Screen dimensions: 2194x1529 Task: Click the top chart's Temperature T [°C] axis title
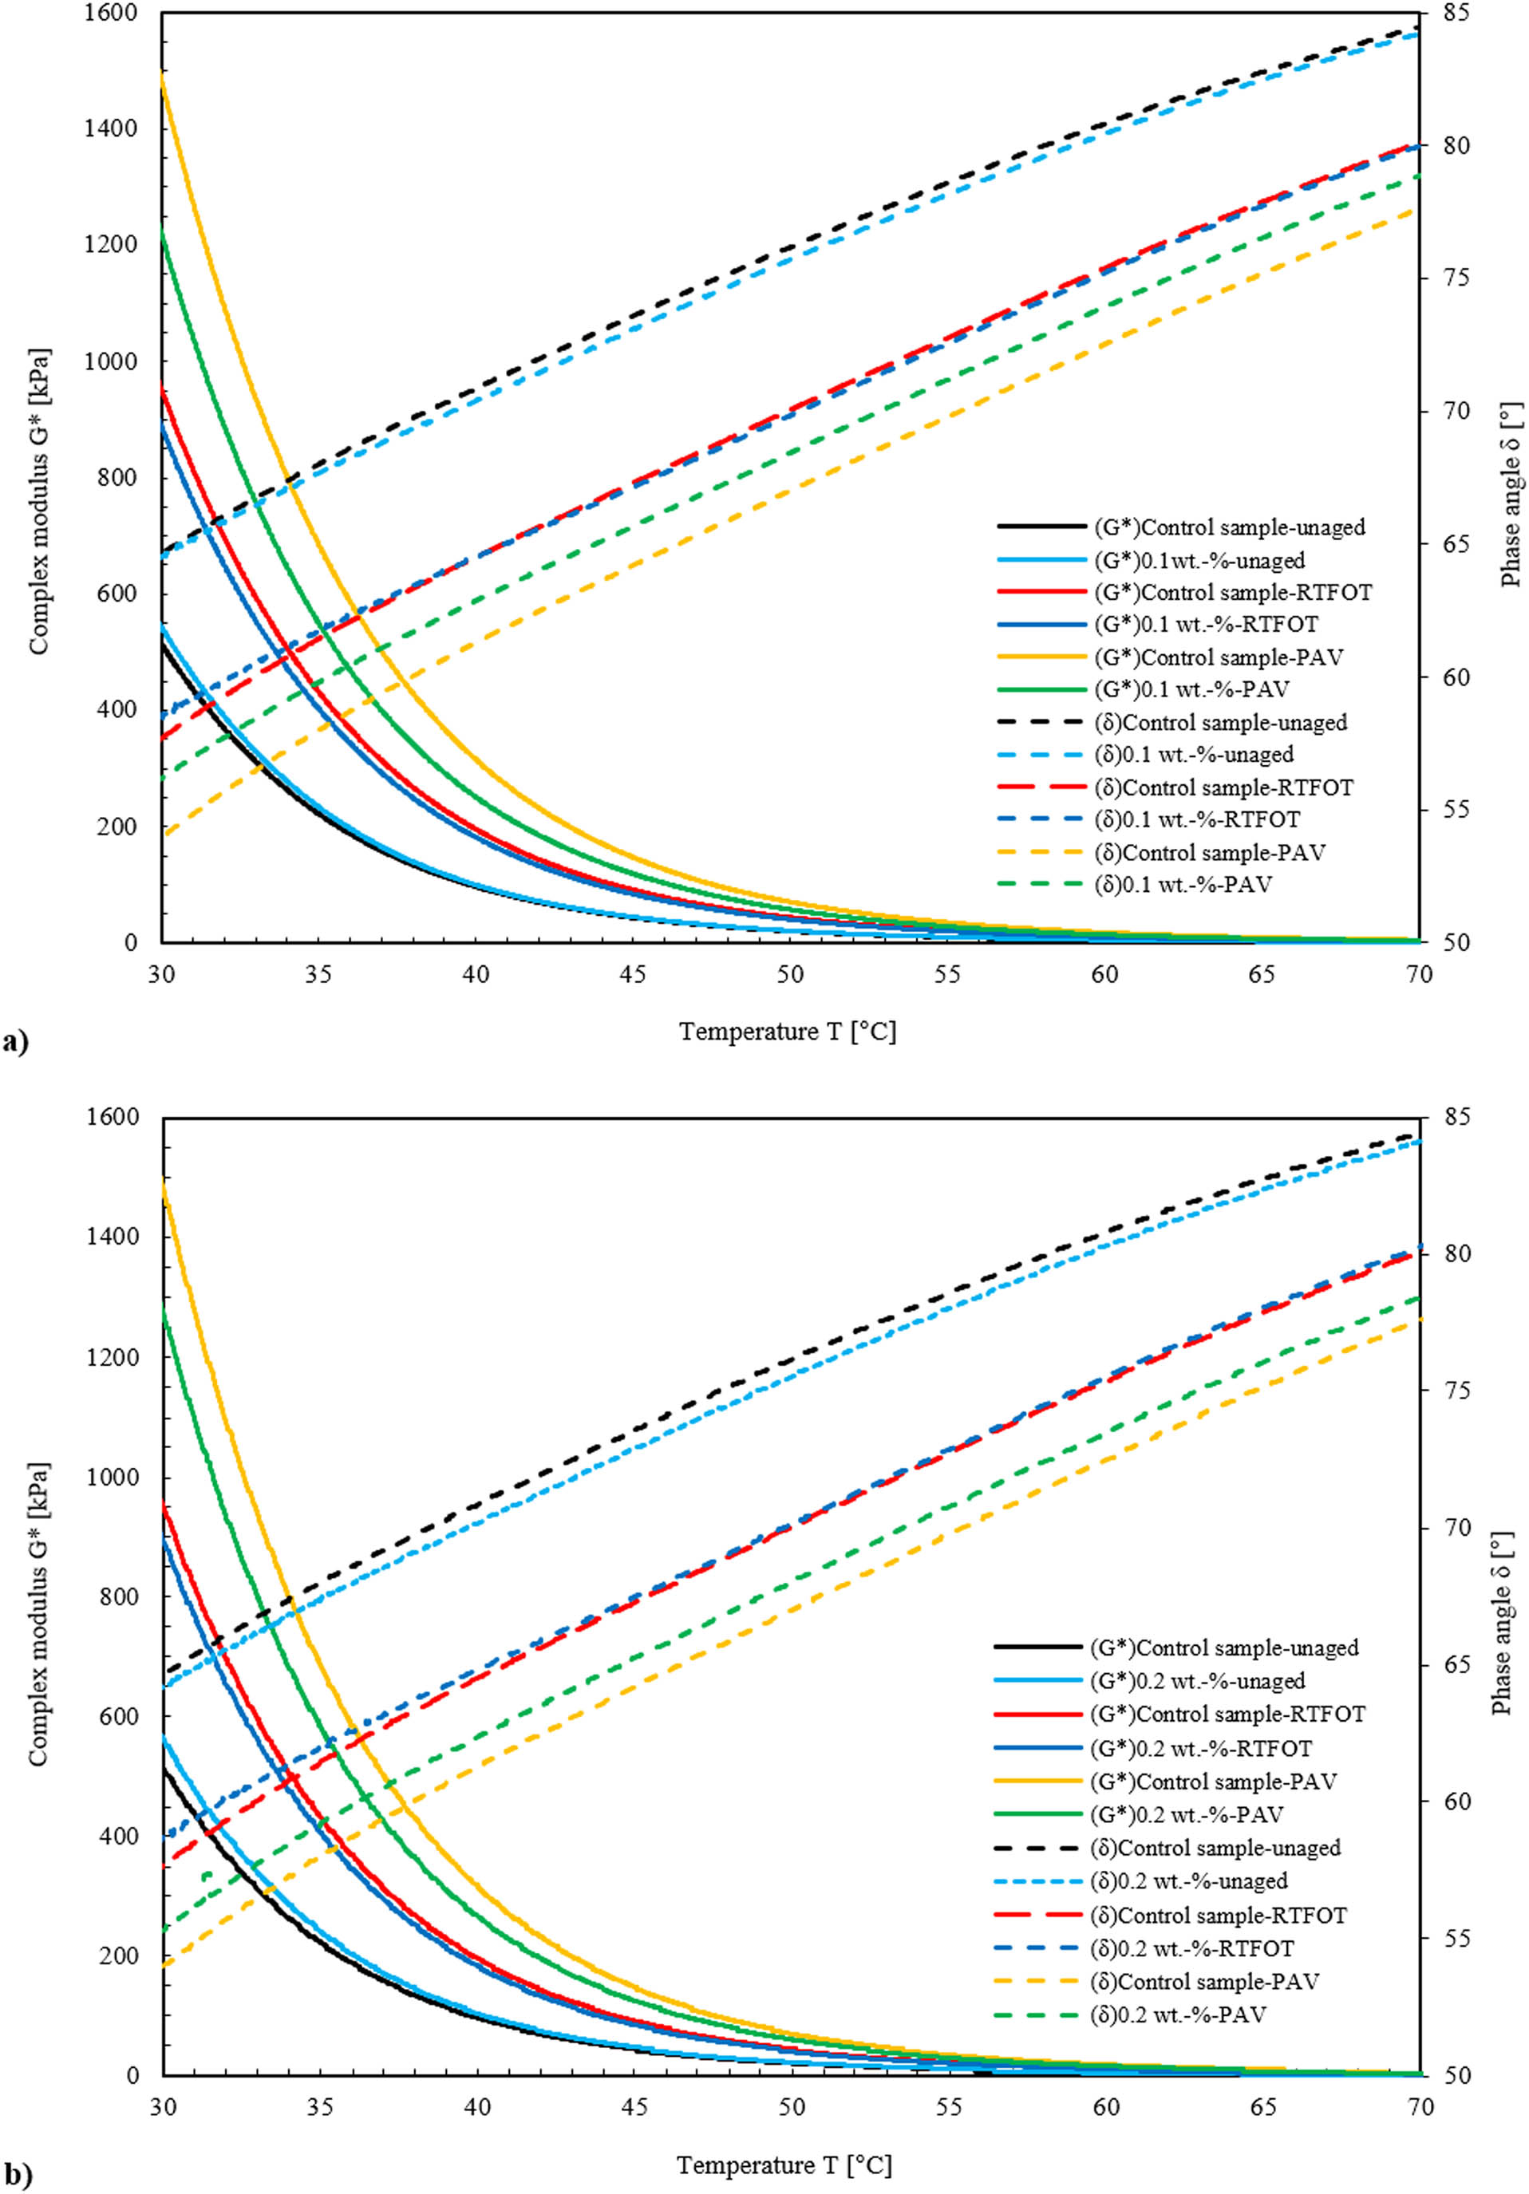click(788, 1032)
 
